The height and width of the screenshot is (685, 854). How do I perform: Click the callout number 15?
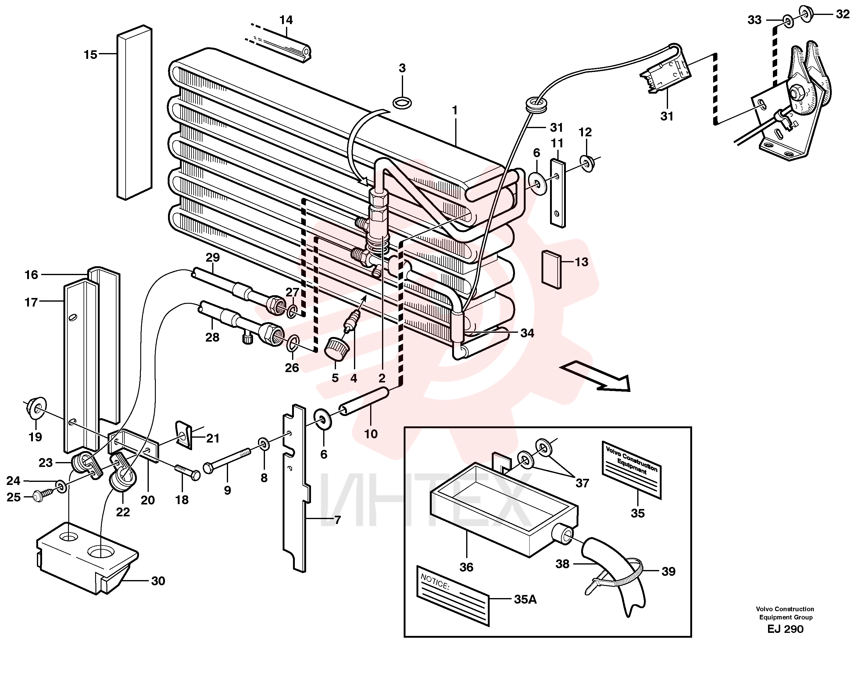coord(90,55)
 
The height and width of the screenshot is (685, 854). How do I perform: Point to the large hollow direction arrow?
coord(595,376)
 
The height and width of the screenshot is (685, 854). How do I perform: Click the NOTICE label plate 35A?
coord(453,595)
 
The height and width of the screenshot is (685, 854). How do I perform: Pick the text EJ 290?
coord(785,629)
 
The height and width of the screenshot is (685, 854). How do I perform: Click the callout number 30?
coord(158,581)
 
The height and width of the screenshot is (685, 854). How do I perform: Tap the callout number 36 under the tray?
coord(466,567)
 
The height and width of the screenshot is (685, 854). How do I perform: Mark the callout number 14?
coord(286,20)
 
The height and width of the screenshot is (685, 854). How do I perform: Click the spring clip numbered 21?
coord(184,435)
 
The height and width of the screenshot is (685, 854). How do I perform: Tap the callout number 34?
coord(527,333)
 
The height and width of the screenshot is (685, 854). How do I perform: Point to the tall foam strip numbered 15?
coord(135,113)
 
